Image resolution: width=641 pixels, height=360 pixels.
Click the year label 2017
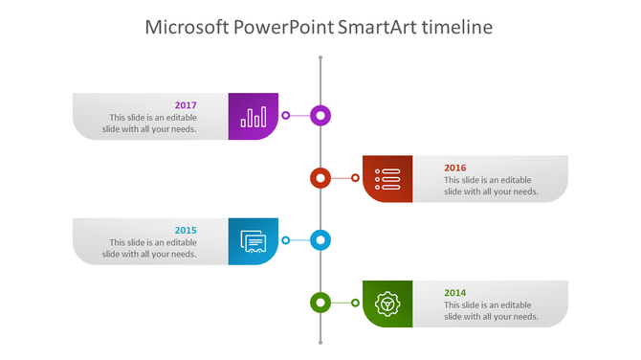(x=186, y=105)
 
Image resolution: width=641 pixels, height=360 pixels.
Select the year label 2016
(x=455, y=168)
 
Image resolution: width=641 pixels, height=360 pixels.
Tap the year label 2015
(x=186, y=230)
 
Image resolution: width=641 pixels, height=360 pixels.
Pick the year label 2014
(x=455, y=292)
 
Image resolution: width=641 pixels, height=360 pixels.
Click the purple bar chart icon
(x=254, y=117)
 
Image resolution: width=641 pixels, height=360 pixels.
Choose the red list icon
(x=387, y=179)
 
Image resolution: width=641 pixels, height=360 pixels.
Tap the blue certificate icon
(x=254, y=241)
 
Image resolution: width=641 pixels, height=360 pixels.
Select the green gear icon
(x=387, y=304)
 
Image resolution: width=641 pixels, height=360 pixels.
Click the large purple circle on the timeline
(x=321, y=116)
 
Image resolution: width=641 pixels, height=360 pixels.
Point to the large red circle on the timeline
(x=320, y=178)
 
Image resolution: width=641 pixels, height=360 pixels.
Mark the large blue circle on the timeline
(x=321, y=240)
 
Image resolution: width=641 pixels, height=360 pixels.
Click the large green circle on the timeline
(x=320, y=303)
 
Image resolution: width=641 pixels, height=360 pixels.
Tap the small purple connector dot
(x=285, y=116)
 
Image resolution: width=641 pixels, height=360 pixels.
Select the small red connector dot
(x=356, y=178)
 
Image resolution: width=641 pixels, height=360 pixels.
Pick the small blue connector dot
(x=285, y=240)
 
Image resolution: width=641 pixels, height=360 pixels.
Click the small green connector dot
(x=356, y=303)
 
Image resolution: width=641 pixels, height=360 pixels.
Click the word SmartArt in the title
(x=377, y=27)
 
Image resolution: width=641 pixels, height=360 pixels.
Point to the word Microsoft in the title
(x=187, y=27)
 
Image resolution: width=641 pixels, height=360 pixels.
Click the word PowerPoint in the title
(x=284, y=27)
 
